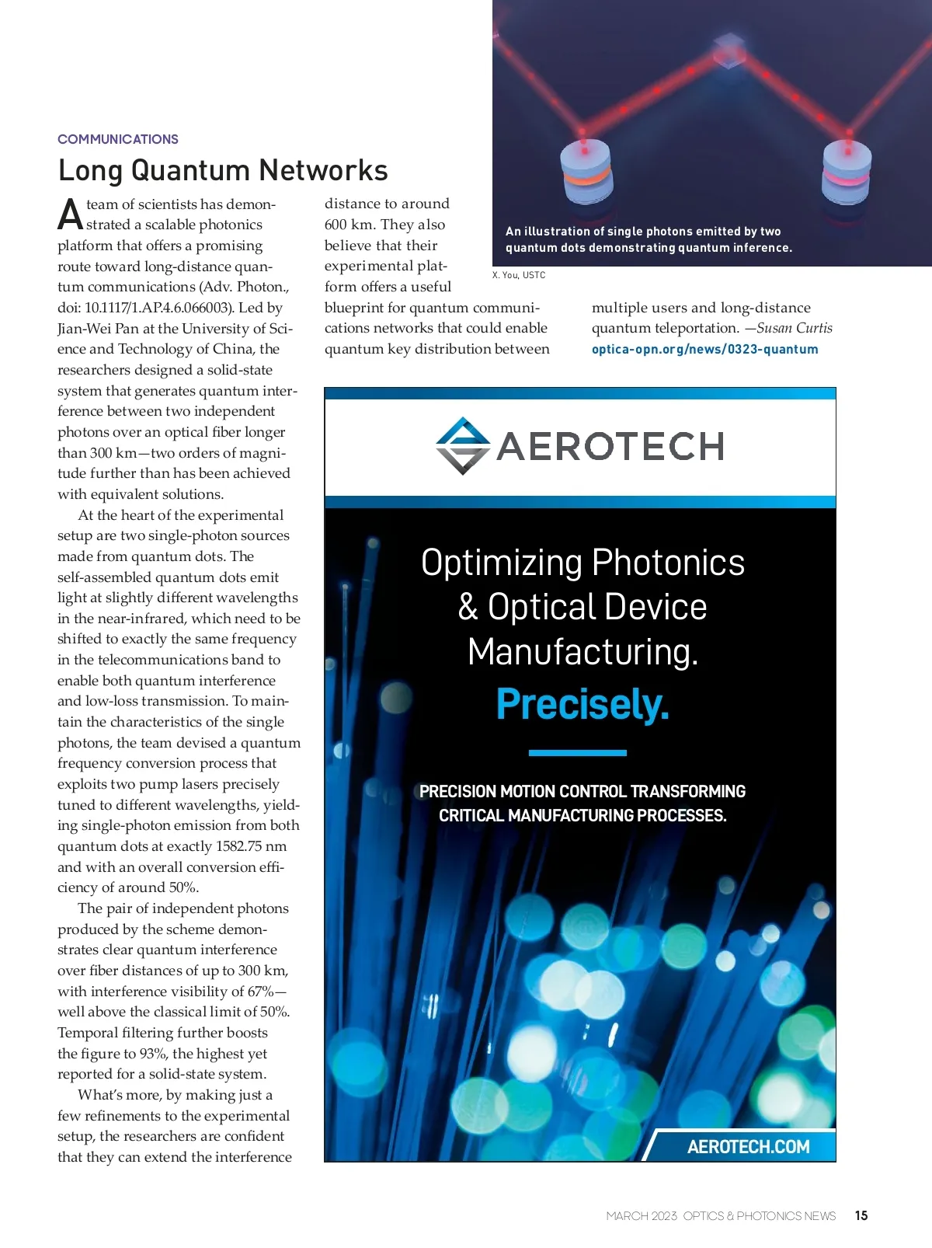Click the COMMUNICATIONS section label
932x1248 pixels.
[118, 139]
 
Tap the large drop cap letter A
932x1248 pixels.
[70, 215]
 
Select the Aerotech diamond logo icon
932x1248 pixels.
[463, 446]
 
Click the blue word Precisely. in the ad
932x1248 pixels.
[582, 704]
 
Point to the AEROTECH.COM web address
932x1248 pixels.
[748, 1146]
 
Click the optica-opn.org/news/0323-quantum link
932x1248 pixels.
[704, 349]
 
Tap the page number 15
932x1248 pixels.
[861, 1215]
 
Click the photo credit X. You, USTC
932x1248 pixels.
[519, 275]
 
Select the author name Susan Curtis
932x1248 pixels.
[795, 328]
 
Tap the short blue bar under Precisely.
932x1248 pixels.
[577, 752]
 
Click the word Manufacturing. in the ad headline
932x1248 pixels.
[582, 651]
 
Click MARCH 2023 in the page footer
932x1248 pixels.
[642, 1216]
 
